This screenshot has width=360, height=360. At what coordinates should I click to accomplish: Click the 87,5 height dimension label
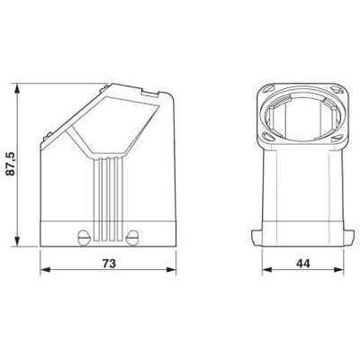9,164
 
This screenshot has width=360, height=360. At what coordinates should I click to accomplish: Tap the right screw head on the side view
133,238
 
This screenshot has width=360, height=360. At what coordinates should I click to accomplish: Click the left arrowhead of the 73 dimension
46,273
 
